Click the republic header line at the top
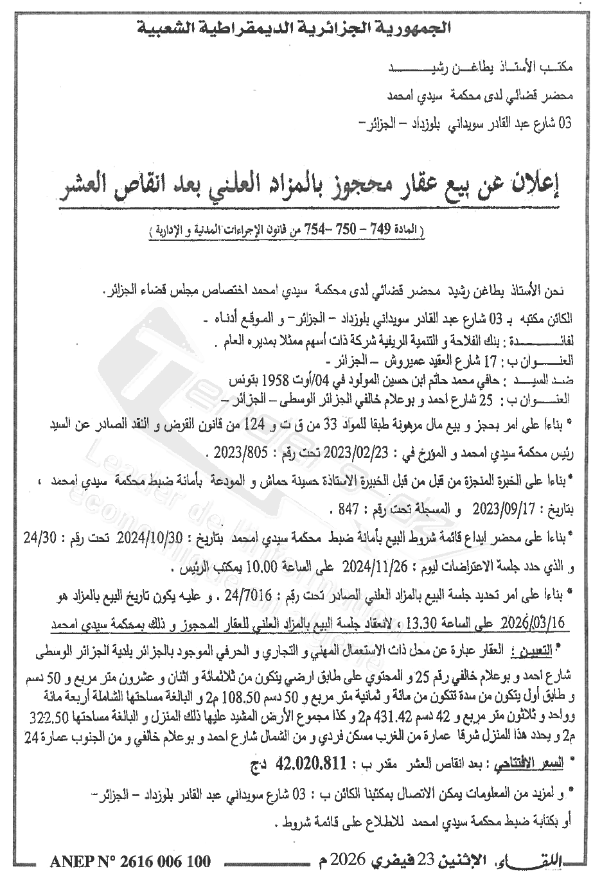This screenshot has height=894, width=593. tap(296, 29)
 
